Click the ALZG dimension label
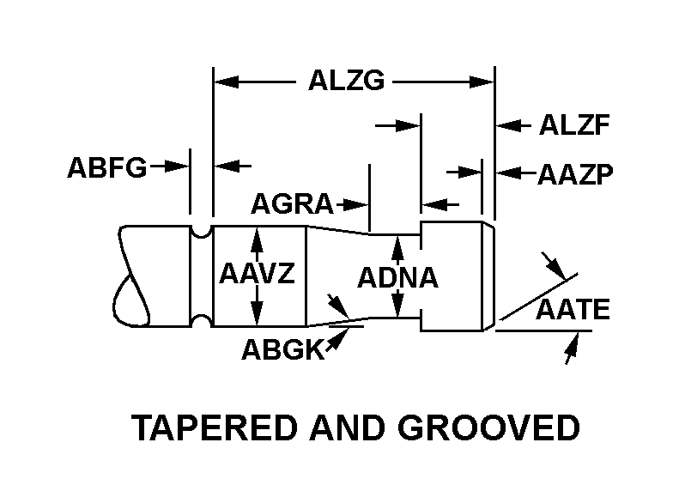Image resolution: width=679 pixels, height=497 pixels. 346,82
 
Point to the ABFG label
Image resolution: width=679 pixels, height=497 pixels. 107,167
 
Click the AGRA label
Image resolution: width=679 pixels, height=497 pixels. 291,204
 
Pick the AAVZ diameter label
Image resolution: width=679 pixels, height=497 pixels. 257,275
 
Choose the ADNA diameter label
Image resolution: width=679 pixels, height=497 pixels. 397,278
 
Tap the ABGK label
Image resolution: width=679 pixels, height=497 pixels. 282,349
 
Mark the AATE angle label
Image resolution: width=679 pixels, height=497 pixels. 573,310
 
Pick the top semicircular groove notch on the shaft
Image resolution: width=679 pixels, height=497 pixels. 201,230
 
